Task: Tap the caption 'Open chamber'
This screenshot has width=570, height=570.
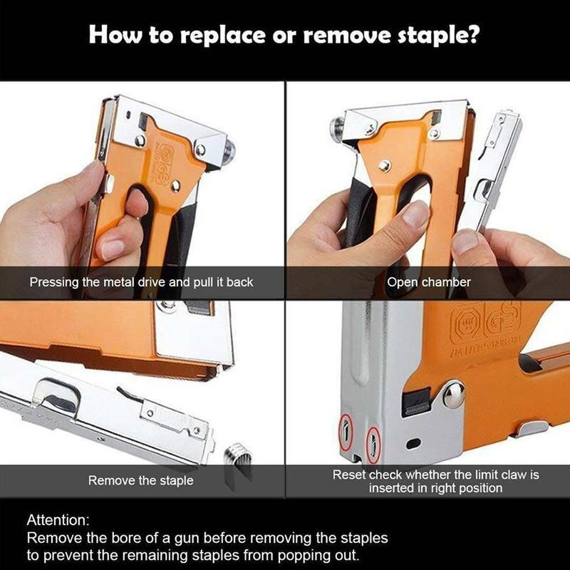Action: coord(429,282)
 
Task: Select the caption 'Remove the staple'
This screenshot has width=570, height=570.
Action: coord(140,481)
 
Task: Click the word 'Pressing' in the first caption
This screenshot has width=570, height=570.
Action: coord(54,282)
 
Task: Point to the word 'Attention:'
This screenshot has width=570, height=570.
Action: coord(59,520)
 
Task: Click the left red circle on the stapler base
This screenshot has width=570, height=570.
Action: coord(346,430)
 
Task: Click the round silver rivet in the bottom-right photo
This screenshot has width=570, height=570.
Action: coord(453,393)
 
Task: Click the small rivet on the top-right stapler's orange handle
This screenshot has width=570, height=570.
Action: coord(383,166)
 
